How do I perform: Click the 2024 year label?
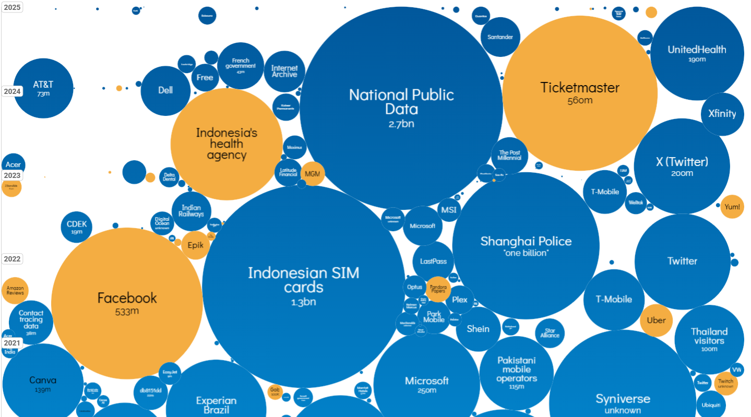coord(12,91)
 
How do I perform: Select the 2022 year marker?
coord(12,259)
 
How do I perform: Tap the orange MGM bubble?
coord(313,174)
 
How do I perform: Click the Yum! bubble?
coord(732,207)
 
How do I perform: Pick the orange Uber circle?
coord(656,320)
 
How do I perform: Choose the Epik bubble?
coord(195,245)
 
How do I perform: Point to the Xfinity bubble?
coord(722,114)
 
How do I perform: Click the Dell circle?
coord(165,90)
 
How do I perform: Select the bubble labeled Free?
coord(205,77)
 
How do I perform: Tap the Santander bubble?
coord(500,37)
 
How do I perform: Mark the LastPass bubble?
coord(433,261)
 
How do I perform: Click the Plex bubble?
coord(460,300)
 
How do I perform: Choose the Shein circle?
coord(478,329)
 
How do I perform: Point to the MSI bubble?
coord(448,210)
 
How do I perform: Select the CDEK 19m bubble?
coord(77,228)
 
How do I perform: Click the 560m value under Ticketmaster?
coord(580,101)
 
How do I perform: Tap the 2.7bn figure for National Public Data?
coord(401,124)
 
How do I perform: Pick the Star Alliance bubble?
coord(550,333)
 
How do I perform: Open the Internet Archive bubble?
coord(284,71)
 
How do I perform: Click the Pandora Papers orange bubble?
coord(438,289)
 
